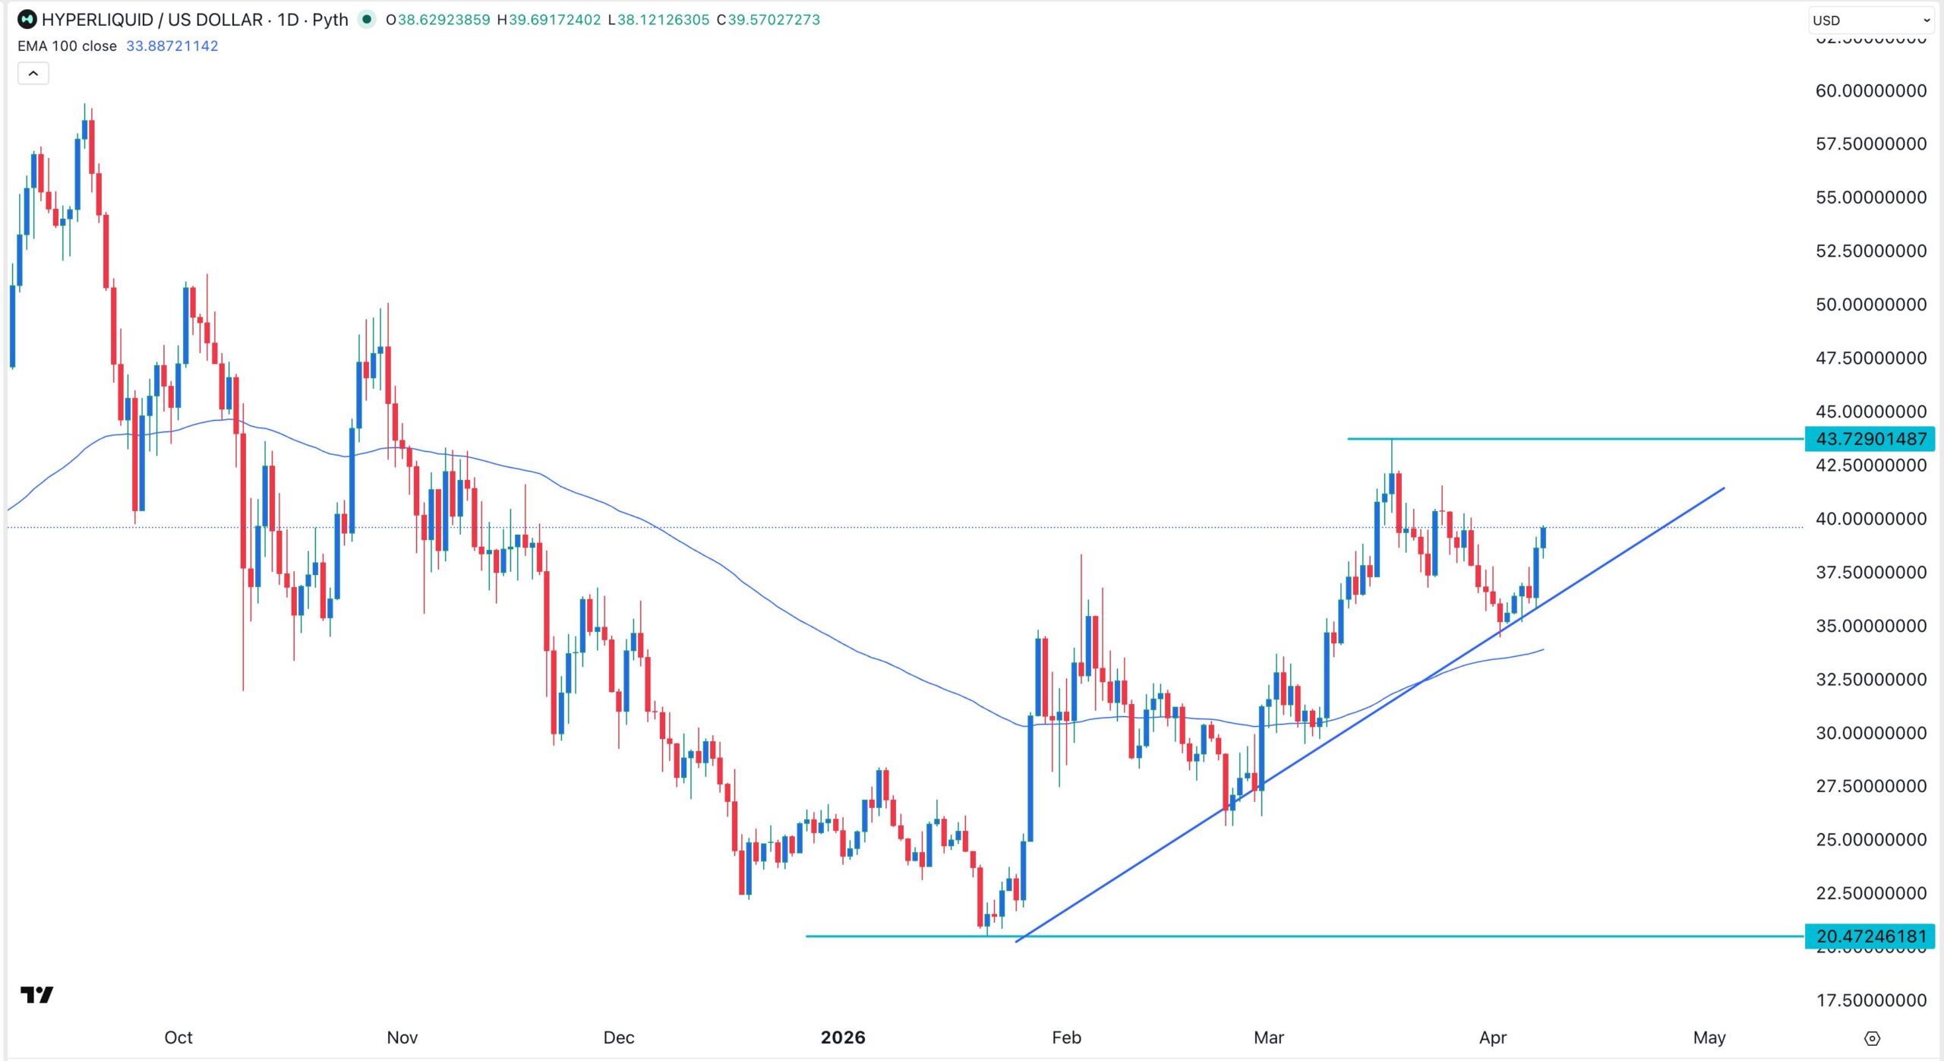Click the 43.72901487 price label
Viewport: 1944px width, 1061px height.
[x=1870, y=439]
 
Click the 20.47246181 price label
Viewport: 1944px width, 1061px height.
[x=1870, y=936]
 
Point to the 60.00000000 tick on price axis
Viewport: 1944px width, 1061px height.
[x=1870, y=90]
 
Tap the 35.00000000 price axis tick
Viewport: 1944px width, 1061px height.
[x=1870, y=626]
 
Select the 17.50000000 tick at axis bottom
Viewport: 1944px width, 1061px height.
[x=1870, y=1000]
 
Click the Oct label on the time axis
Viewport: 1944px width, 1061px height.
[x=178, y=1037]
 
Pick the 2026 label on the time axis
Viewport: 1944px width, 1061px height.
[x=843, y=1037]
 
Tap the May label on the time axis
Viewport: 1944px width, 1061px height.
[x=1709, y=1037]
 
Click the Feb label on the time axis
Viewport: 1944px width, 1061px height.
[x=1066, y=1037]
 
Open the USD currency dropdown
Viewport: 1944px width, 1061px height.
[x=1871, y=21]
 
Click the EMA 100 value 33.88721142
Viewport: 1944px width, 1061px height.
[x=172, y=46]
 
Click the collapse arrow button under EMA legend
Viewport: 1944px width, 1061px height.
[x=33, y=74]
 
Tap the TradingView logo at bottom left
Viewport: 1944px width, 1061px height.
[x=36, y=994]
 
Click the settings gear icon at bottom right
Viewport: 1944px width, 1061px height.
[x=1873, y=1038]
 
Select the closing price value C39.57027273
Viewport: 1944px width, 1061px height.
[x=768, y=20]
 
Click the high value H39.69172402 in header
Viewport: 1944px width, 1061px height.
[x=548, y=20]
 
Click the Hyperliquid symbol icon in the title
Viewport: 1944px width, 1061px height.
[x=27, y=20]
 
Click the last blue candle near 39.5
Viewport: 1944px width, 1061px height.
[x=1543, y=537]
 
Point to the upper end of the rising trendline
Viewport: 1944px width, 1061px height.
[x=1724, y=488]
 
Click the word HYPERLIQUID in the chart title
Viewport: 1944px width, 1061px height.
[x=97, y=20]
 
